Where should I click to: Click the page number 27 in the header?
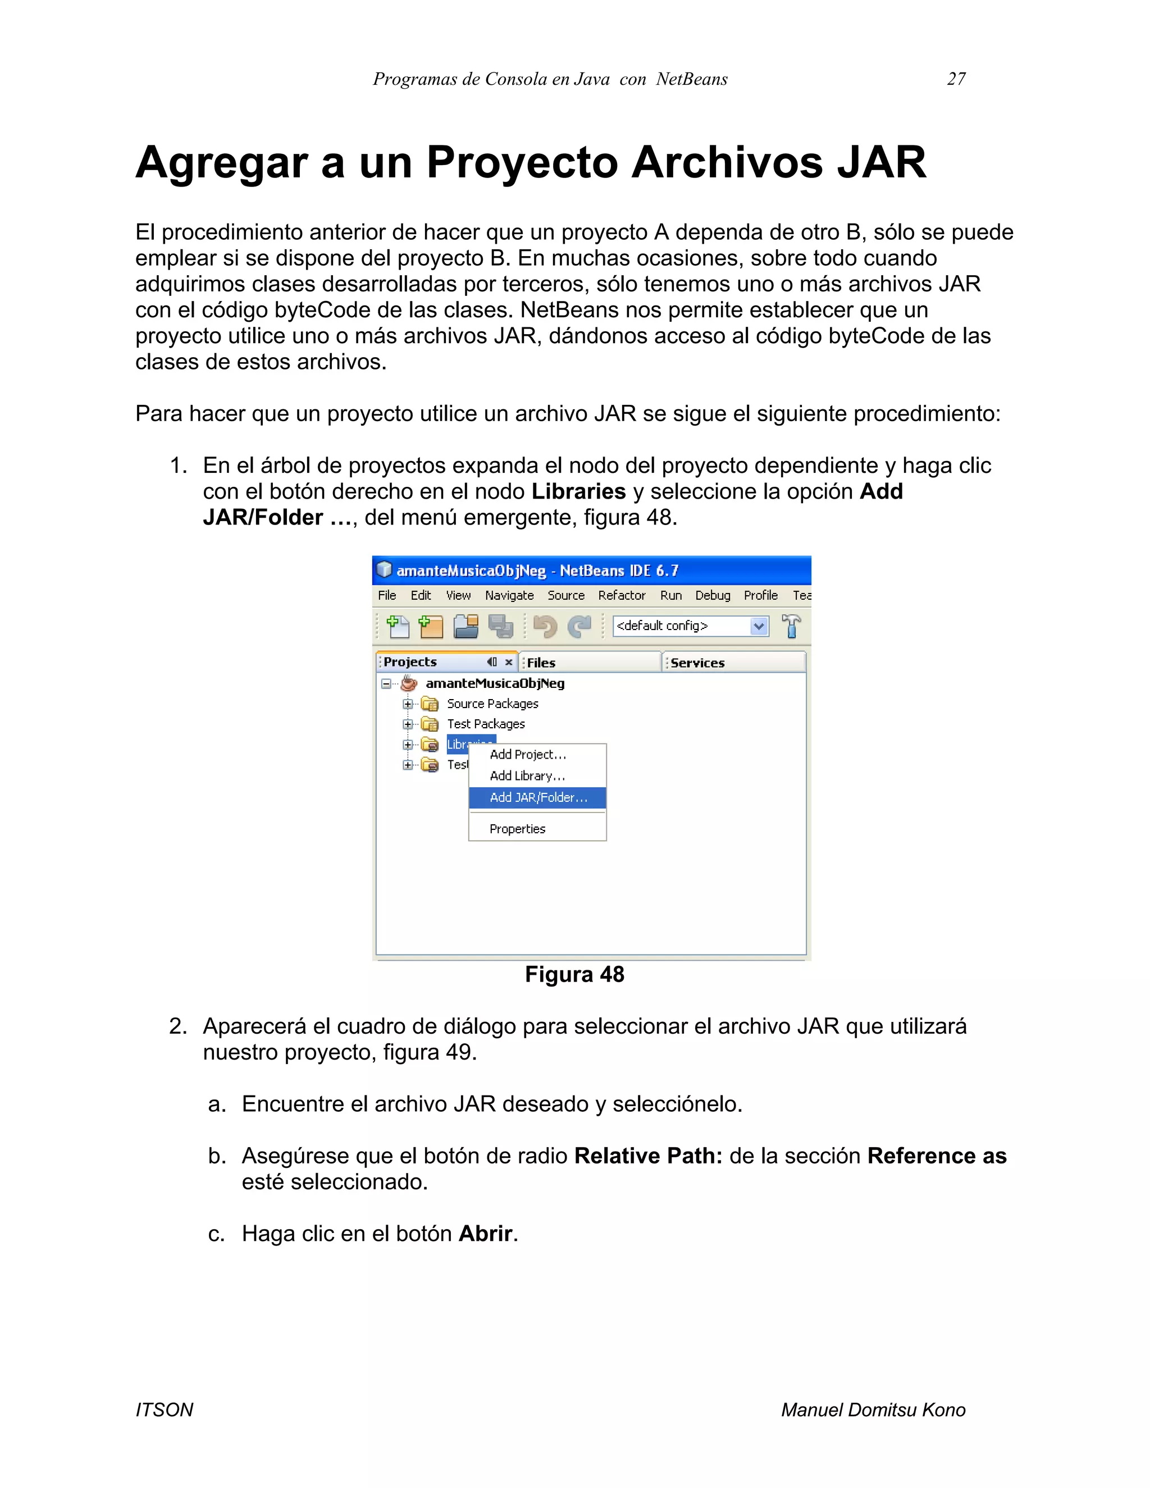tap(956, 79)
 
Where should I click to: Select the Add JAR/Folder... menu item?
tap(537, 797)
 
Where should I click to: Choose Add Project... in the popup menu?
tap(527, 754)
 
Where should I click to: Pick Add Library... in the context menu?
tap(527, 775)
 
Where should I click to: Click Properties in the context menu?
tap(517, 828)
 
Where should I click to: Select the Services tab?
tap(697, 662)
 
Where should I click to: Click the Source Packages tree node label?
tap(492, 703)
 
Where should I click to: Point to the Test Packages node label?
tap(485, 724)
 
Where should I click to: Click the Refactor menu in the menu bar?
tap(622, 595)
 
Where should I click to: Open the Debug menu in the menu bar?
tap(712, 595)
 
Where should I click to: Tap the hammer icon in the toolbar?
tap(791, 626)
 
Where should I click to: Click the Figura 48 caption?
tap(574, 974)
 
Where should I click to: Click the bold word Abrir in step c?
tap(485, 1233)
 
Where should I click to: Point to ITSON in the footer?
tap(164, 1409)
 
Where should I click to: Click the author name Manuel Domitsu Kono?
tap(873, 1409)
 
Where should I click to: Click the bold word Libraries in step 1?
tap(578, 491)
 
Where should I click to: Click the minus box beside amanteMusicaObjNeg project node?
tap(386, 683)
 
